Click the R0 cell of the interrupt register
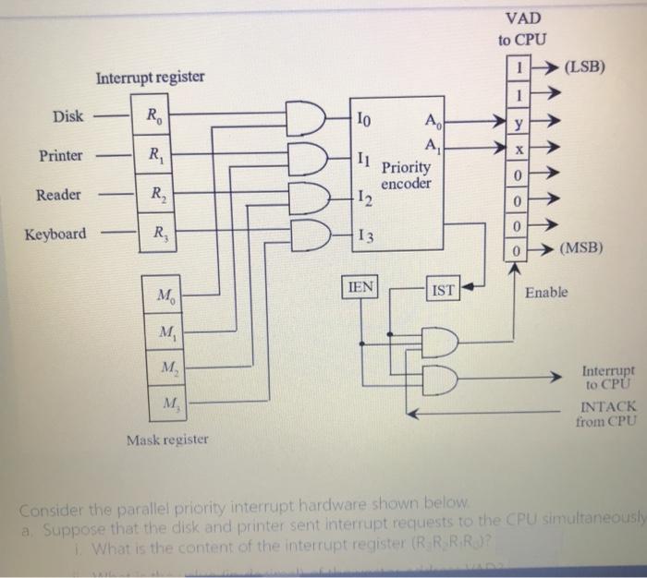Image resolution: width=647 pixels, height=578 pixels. pyautogui.click(x=152, y=116)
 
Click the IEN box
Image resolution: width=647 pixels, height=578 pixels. pyautogui.click(x=361, y=287)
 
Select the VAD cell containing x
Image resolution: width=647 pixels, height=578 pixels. pyautogui.click(x=520, y=149)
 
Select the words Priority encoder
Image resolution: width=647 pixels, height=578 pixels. pyautogui.click(x=406, y=175)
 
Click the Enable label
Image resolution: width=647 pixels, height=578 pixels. pyautogui.click(x=548, y=293)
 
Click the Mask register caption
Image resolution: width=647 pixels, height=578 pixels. pyautogui.click(x=167, y=439)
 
